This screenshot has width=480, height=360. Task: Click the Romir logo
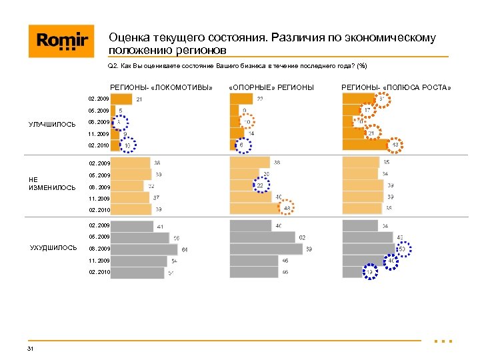(57, 41)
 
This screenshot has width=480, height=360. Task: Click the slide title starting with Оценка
(272, 44)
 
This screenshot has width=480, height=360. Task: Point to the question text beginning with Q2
(237, 66)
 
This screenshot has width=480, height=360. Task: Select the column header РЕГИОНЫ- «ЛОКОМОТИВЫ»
(161, 87)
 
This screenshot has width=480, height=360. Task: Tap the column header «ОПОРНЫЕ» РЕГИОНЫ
(271, 87)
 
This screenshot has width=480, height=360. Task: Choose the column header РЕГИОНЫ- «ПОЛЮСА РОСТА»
(396, 87)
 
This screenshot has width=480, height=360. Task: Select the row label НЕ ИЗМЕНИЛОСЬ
(52, 183)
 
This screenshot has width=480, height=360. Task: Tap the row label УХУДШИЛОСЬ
(53, 248)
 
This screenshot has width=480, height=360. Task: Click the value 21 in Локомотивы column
(139, 100)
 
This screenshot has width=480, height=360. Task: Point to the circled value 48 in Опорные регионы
(287, 209)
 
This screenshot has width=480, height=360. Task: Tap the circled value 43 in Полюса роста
(395, 145)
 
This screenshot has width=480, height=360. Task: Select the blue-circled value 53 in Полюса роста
(402, 249)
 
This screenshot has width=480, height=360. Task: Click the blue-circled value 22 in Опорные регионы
(261, 186)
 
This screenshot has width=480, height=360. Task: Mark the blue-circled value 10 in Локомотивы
(127, 145)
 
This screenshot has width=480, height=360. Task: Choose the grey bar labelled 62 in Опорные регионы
(262, 237)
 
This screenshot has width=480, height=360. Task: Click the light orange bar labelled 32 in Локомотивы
(127, 186)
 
